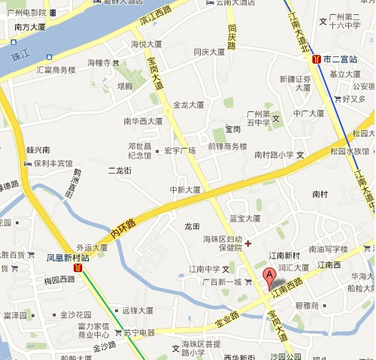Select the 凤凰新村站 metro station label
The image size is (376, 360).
[x=68, y=257]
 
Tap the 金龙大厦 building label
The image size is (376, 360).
[x=189, y=105]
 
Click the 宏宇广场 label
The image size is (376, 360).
[x=180, y=150]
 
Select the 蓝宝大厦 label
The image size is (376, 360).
[x=244, y=219]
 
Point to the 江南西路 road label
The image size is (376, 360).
[x=288, y=287]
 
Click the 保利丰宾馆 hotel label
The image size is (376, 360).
[x=53, y=163]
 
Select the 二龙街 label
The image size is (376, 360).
[x=119, y=171]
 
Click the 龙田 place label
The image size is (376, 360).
[x=192, y=225]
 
